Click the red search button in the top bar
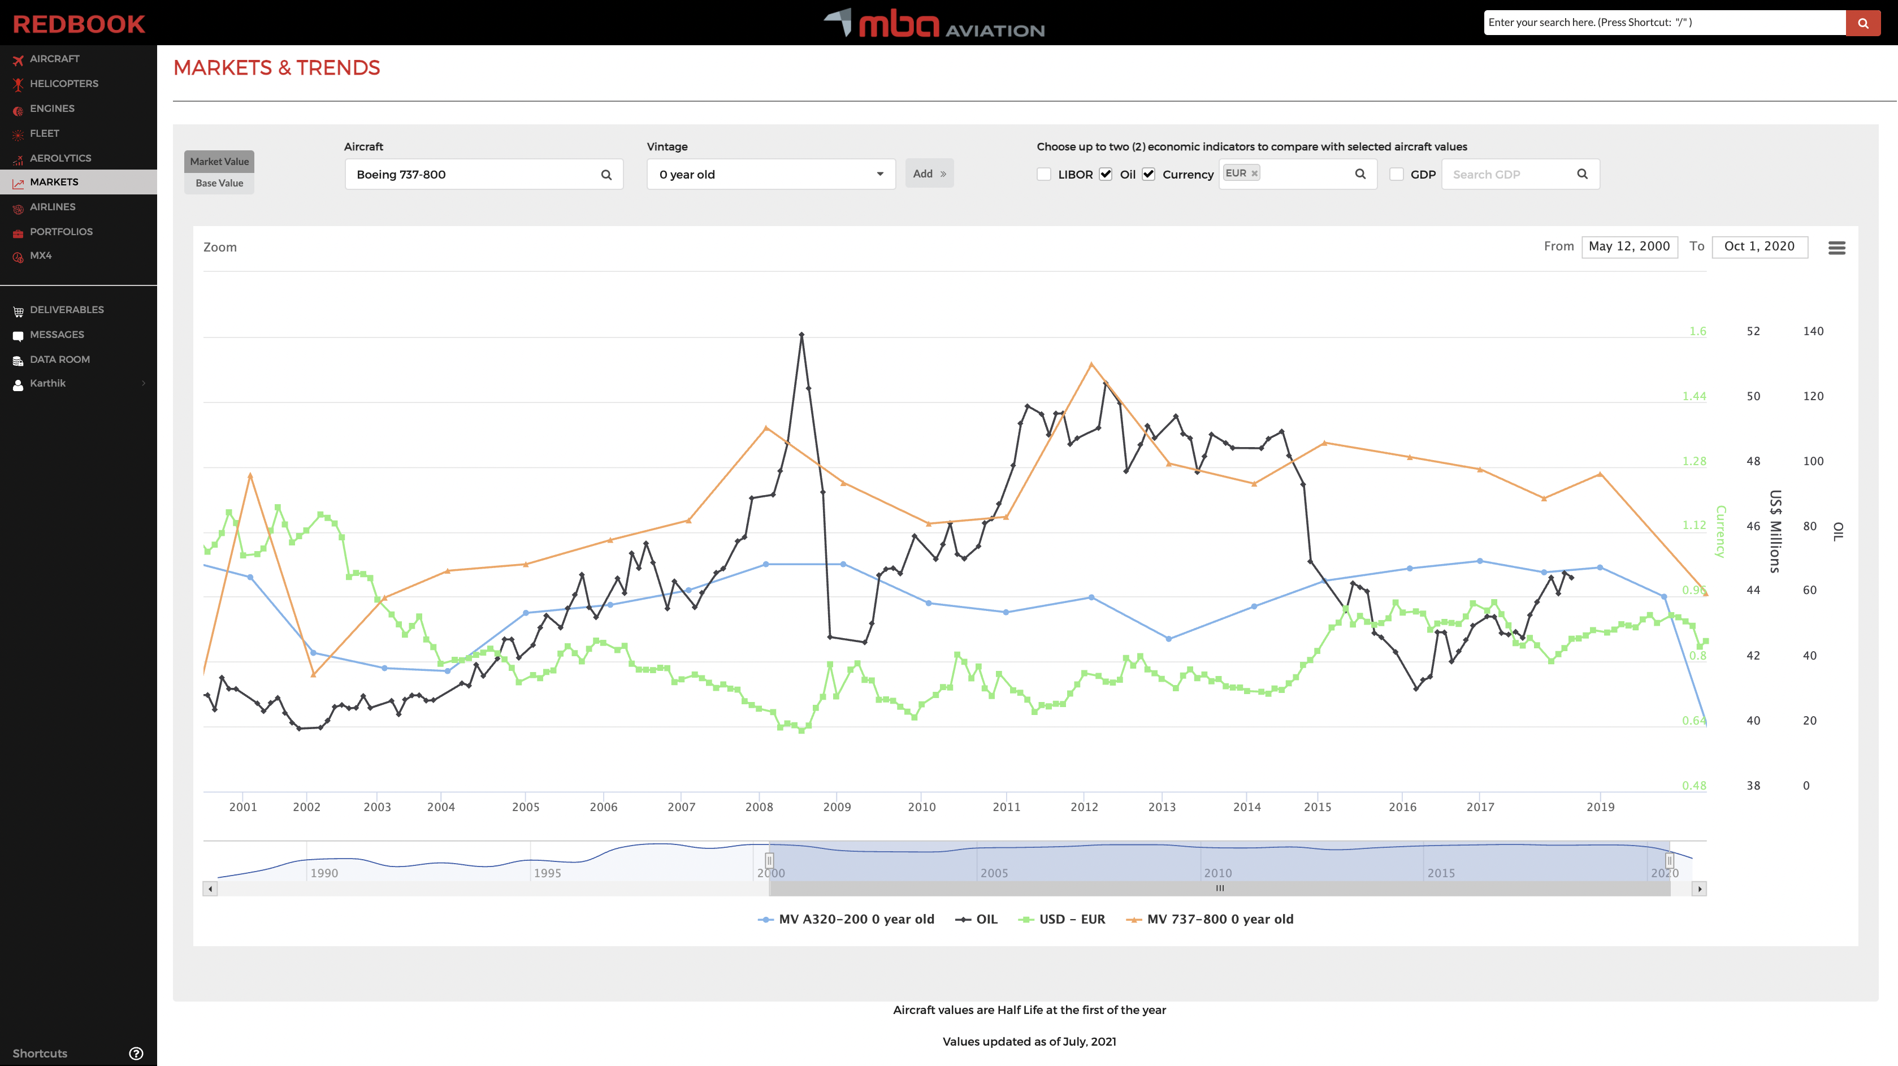tap(1862, 23)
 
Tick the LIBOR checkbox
tap(1043, 175)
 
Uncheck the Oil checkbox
tap(1105, 175)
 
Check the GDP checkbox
tap(1396, 175)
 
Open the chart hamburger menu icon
tap(1836, 248)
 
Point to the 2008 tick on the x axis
tap(759, 807)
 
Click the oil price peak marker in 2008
tap(801, 335)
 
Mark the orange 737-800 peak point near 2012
tap(1091, 364)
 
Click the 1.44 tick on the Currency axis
tap(1694, 396)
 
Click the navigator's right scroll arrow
tap(1699, 889)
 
